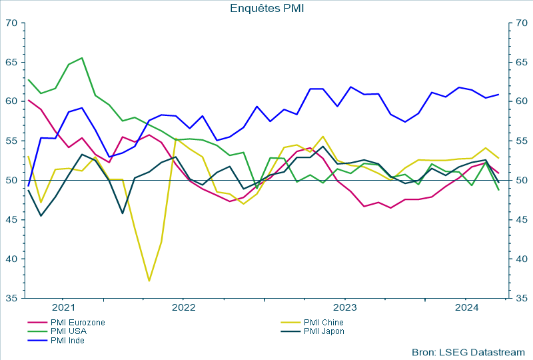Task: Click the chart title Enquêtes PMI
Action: [x=266, y=8]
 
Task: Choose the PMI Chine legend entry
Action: [x=323, y=323]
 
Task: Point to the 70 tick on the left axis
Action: [x=12, y=23]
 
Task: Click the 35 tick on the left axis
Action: [x=12, y=298]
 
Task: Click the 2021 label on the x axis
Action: [x=63, y=308]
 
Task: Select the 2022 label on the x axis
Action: [x=183, y=308]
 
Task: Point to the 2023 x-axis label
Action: [x=345, y=308]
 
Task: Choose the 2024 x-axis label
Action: [x=466, y=308]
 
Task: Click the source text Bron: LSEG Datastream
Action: [x=468, y=351]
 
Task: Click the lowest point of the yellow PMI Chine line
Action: [x=149, y=281]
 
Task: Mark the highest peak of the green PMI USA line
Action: [x=82, y=58]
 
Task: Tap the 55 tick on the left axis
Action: [x=12, y=141]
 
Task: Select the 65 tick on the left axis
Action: [x=12, y=62]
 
